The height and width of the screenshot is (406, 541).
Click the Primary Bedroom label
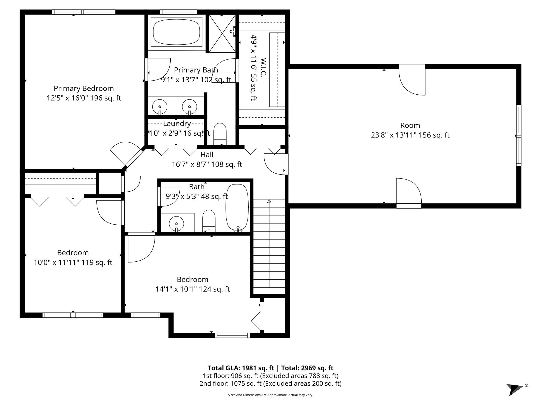pyautogui.click(x=84, y=88)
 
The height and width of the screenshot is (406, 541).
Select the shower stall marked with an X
pyautogui.click(x=222, y=33)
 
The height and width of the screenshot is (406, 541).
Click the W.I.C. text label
pyautogui.click(x=263, y=67)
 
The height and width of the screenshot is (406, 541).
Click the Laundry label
pyautogui.click(x=177, y=123)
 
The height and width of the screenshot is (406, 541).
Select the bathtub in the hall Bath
pyautogui.click(x=237, y=207)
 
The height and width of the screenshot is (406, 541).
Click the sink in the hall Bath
pyautogui.click(x=176, y=223)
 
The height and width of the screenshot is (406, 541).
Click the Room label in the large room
pyautogui.click(x=410, y=125)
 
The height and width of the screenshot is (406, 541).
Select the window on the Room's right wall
pyautogui.click(x=519, y=135)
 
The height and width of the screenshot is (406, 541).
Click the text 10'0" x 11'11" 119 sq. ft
pyautogui.click(x=73, y=262)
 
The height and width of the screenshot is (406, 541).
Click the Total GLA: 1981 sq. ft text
pyautogui.click(x=241, y=368)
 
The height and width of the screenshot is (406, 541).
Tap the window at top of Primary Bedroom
pyautogui.click(x=84, y=12)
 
